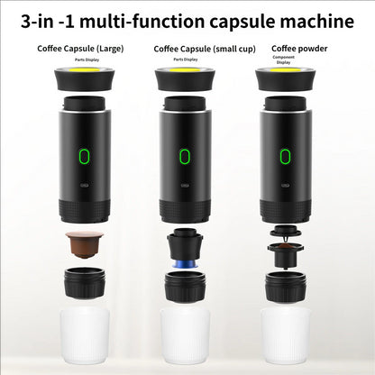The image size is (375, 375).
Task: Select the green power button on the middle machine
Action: (186, 157)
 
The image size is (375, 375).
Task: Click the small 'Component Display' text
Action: (283, 59)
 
